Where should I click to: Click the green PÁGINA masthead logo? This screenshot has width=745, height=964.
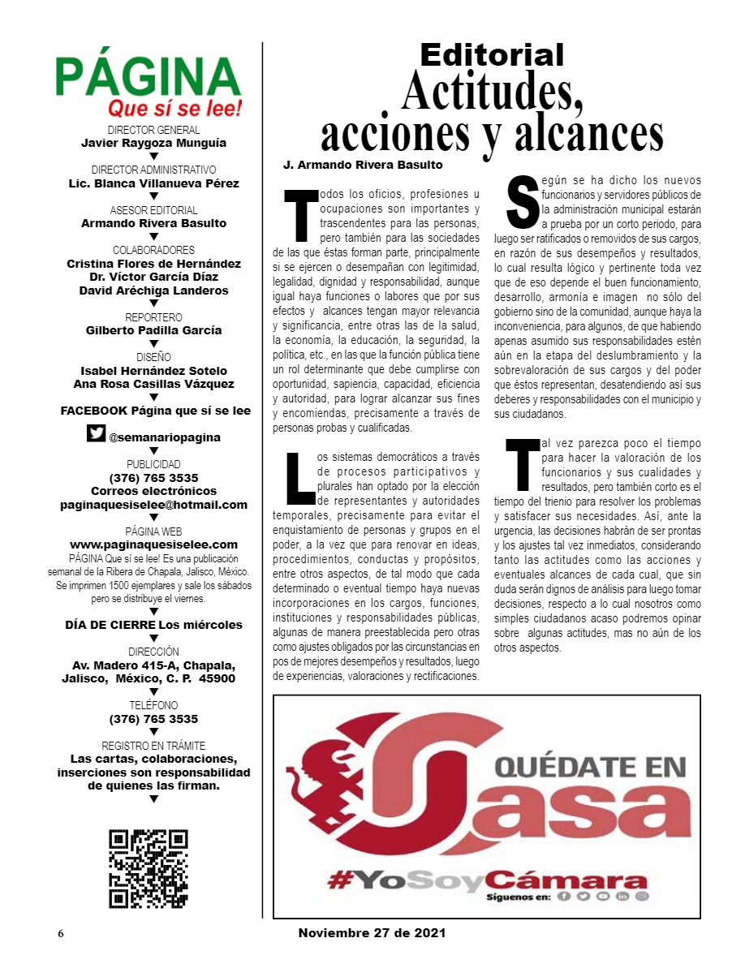point(149,77)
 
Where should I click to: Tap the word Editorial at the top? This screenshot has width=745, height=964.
point(492,54)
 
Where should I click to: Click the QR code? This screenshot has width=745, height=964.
point(149,868)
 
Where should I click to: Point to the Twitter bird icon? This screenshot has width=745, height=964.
point(96,434)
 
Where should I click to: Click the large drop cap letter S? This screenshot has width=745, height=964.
point(522,200)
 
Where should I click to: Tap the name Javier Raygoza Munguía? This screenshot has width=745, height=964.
point(153,143)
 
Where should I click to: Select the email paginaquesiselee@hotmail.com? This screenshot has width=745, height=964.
point(153,504)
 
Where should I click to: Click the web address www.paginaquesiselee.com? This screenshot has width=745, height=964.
point(153,544)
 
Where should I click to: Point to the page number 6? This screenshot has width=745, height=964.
point(60,934)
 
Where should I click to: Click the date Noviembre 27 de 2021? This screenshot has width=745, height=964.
point(372,933)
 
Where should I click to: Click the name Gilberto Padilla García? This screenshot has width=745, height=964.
point(153,330)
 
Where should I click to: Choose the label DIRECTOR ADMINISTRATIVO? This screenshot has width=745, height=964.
point(153,170)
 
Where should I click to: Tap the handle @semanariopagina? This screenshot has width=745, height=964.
point(165,437)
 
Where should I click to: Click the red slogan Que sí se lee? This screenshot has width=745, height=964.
point(175,109)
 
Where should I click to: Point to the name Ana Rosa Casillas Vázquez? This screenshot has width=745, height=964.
point(153,384)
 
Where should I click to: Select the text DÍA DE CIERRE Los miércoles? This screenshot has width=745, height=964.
point(153,625)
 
